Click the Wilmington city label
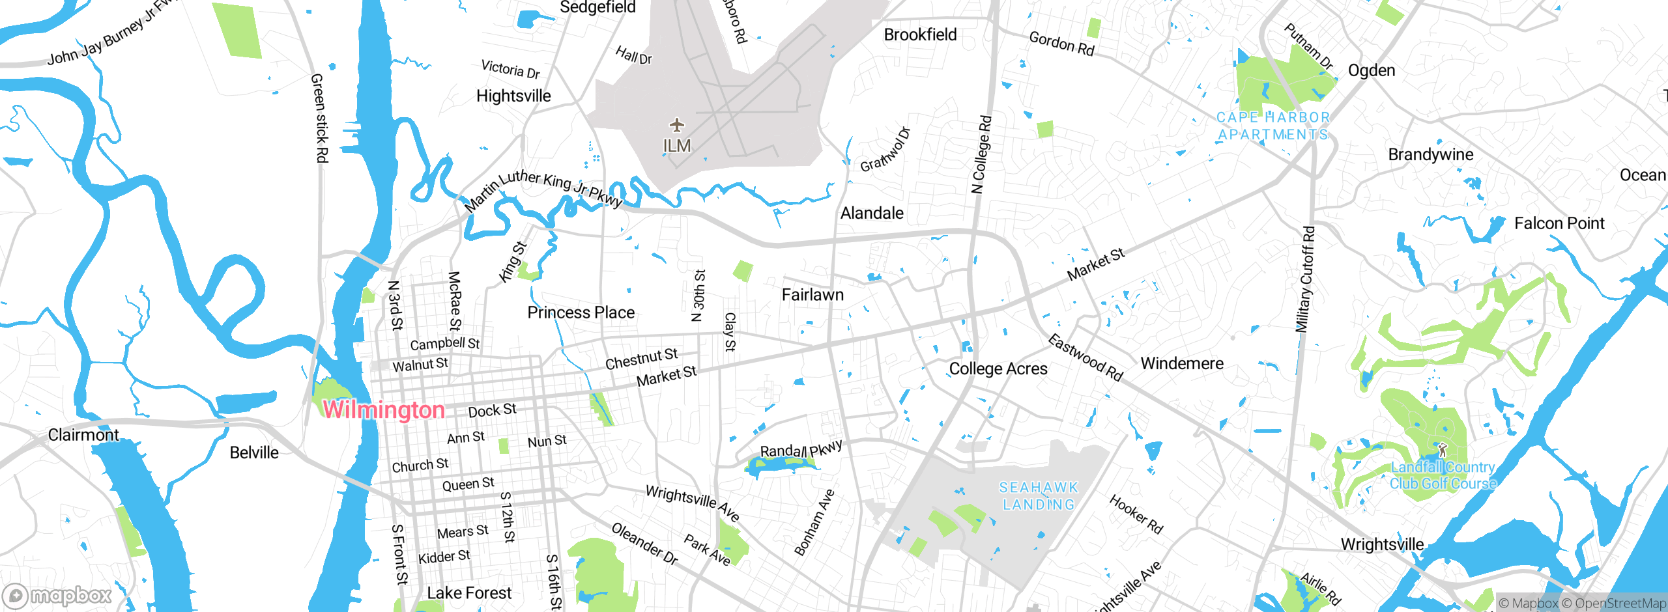pos(384,410)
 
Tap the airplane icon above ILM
pos(677,124)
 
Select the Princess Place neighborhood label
pos(581,313)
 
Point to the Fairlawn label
pos(812,295)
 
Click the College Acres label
pos(998,369)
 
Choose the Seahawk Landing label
pos(1039,496)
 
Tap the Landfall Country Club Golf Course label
pos(1443,476)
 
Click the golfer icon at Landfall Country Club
pos(1442,450)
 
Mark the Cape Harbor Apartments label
pos(1273,126)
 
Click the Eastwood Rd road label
pos(1086,357)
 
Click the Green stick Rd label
pos(319,118)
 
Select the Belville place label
pos(254,452)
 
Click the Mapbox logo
pos(57,596)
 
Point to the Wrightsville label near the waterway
pos(1382,544)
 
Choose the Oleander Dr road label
pos(644,543)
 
